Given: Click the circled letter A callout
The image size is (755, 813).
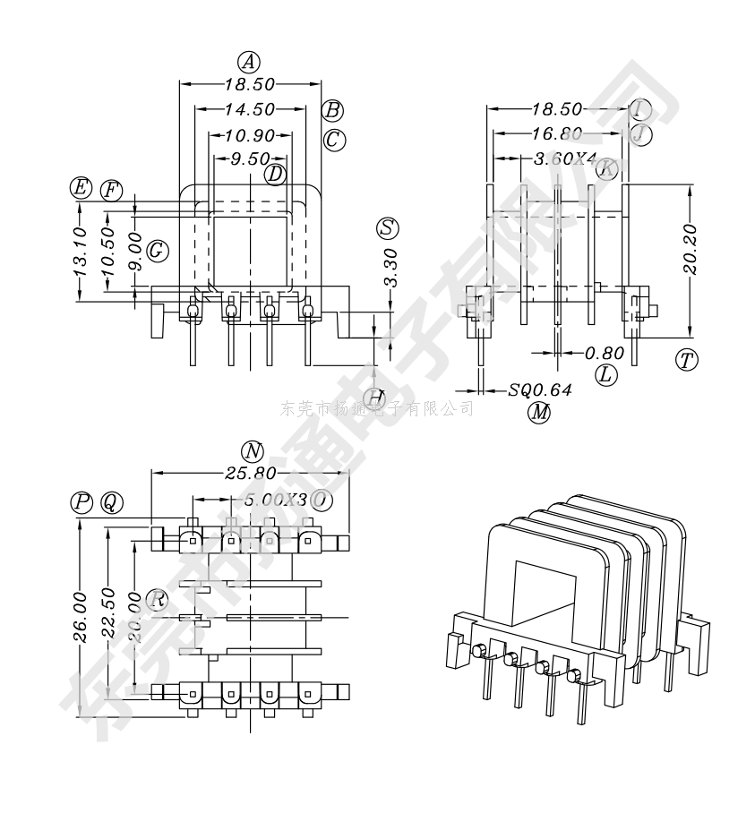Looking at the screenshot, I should click(249, 62).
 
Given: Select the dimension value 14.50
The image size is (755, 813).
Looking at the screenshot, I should click(250, 109).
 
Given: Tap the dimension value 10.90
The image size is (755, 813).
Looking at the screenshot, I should click(250, 136).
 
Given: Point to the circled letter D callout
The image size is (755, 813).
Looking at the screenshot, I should click(275, 173).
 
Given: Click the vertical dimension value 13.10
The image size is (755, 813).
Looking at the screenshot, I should click(79, 250).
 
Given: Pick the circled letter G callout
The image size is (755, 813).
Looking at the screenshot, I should click(158, 251).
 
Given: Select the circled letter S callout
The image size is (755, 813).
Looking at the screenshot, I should click(388, 227).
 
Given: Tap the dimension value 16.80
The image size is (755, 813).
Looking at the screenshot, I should click(557, 134).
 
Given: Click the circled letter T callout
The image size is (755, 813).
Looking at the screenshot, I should click(687, 360).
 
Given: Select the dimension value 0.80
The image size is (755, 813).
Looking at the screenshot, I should click(605, 353).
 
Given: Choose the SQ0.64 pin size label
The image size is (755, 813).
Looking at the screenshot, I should click(540, 390).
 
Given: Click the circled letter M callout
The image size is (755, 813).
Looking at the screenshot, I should click(539, 412).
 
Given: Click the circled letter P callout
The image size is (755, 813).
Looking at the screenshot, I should click(82, 502).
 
